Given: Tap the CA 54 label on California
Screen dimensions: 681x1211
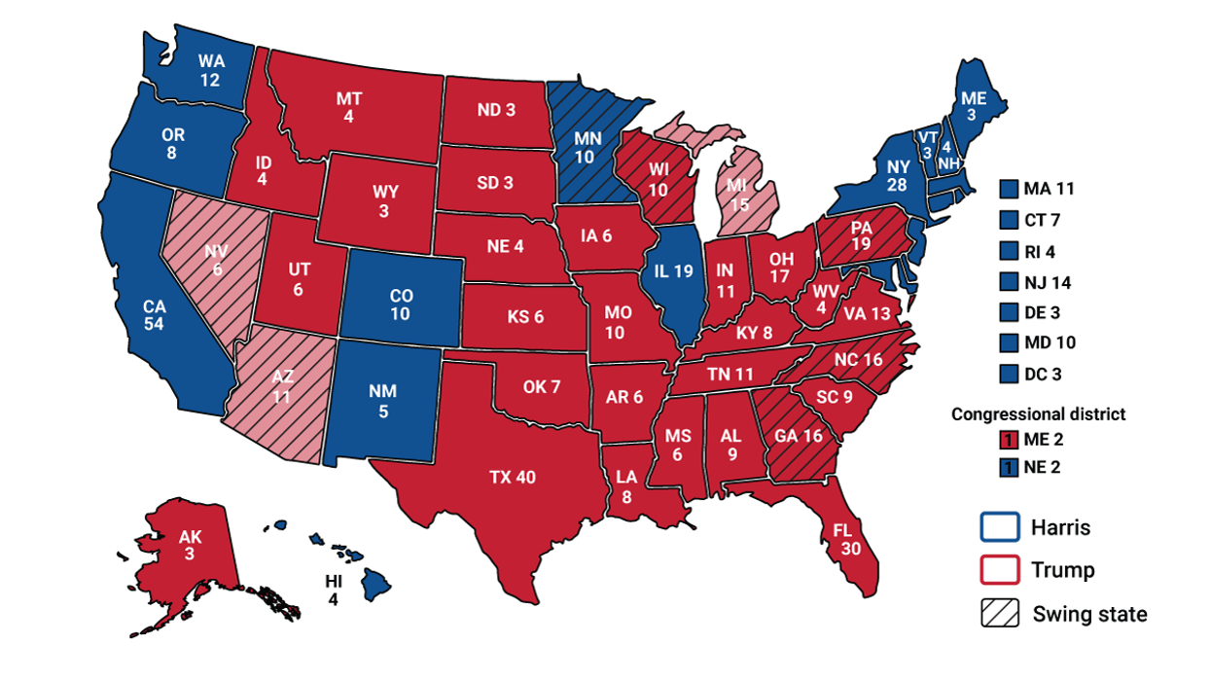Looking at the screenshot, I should pyautogui.click(x=154, y=315).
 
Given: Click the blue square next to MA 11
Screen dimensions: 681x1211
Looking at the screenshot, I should pyautogui.click(x=1009, y=189).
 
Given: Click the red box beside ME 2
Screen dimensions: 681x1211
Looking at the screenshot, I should pyautogui.click(x=1009, y=440).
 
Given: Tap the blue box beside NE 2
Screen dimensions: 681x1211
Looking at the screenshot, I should pyautogui.click(x=1009, y=467).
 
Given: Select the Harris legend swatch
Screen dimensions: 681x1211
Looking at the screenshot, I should pyautogui.click(x=999, y=528).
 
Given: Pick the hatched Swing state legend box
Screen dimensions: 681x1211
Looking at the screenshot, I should pyautogui.click(x=999, y=614).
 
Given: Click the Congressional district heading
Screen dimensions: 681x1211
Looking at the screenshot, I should pyautogui.click(x=1038, y=414).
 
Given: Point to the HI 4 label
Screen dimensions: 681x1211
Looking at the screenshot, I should pyautogui.click(x=334, y=590).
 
